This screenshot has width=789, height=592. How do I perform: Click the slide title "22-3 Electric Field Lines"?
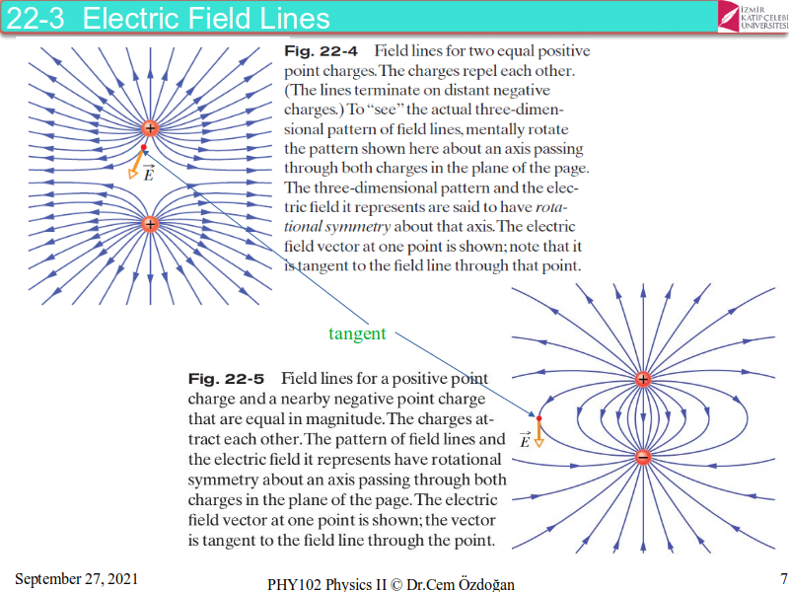(x=168, y=18)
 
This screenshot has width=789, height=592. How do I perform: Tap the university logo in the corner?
(x=752, y=16)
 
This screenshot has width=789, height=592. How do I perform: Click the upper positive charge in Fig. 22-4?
(x=150, y=128)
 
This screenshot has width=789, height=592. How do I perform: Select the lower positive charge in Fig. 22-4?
(x=150, y=224)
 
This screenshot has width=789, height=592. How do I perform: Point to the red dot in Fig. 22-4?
(x=144, y=148)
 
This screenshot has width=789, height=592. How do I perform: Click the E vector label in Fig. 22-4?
(x=148, y=175)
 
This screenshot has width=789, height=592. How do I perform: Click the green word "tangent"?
(x=357, y=333)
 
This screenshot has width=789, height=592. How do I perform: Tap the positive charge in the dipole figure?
(x=643, y=379)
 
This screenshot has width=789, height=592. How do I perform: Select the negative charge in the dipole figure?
(x=643, y=457)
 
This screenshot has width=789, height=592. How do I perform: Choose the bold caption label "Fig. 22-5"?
(x=223, y=379)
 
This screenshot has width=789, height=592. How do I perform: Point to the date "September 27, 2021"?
(x=76, y=578)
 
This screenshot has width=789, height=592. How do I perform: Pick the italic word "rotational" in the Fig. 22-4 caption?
(x=562, y=207)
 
